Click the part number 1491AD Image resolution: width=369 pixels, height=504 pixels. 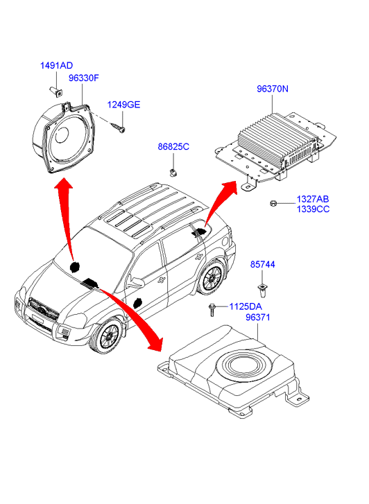[56, 66]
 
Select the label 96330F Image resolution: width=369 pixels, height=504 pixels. [84, 78]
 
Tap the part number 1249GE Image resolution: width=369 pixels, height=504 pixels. [123, 105]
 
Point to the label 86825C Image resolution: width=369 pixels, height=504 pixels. [173, 147]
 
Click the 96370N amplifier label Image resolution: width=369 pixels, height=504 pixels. [273, 89]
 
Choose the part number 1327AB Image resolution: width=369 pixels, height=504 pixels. [313, 199]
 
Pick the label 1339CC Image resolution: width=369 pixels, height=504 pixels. [313, 209]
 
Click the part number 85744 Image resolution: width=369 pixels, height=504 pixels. [262, 265]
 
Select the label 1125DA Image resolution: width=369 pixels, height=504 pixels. [246, 306]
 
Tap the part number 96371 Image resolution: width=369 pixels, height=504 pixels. [258, 318]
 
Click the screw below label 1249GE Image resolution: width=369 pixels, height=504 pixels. [118, 128]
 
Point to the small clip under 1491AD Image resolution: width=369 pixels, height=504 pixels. [56, 92]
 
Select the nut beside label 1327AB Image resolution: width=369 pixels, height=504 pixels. [273, 203]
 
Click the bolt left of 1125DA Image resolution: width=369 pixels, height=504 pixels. [212, 310]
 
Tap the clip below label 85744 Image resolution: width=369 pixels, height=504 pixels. [263, 289]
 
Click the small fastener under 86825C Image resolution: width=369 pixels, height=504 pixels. [173, 173]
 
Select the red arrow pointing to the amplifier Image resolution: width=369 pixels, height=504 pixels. [218, 199]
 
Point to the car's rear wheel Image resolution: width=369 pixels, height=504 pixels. [212, 278]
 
